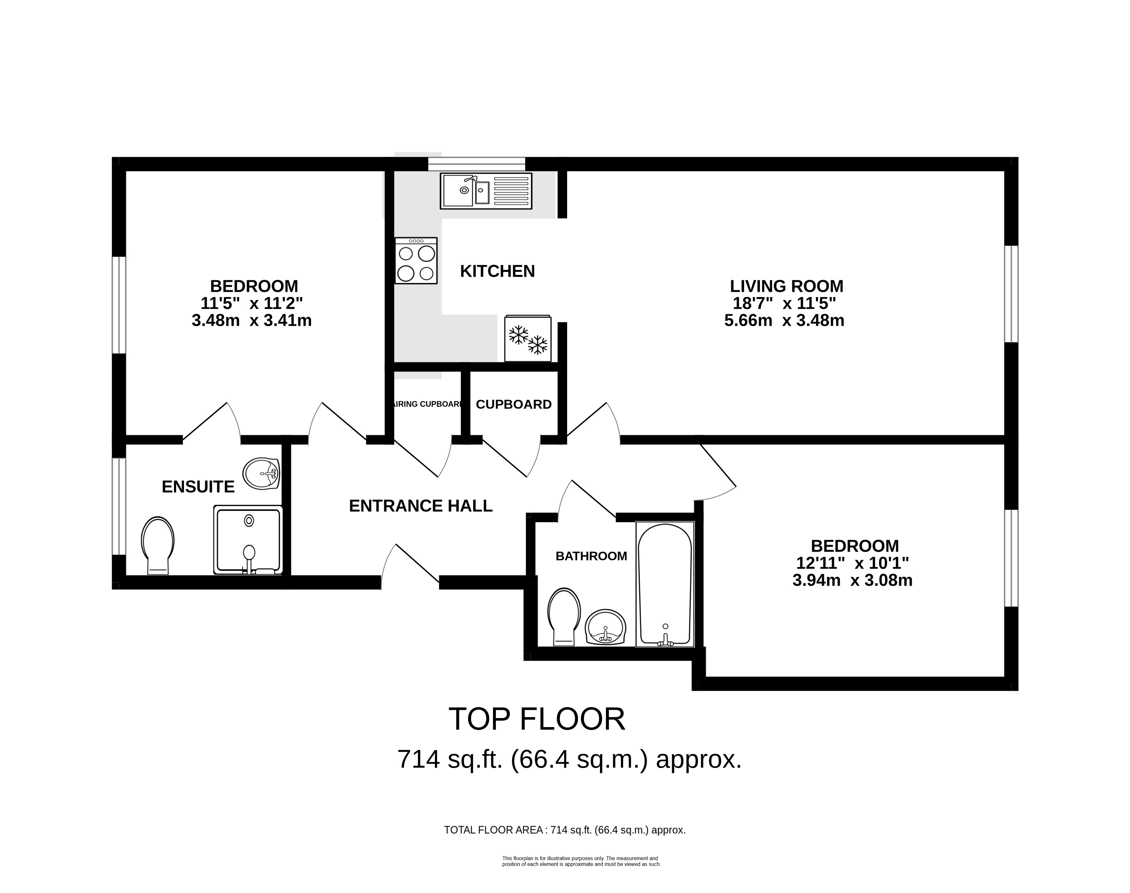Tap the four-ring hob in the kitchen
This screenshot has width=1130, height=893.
click(416, 261)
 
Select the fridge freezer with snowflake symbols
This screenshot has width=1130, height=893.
click(527, 339)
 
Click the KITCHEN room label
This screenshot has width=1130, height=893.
click(497, 271)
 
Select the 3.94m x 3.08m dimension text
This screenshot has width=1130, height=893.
click(852, 580)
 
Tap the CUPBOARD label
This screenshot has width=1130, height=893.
click(514, 405)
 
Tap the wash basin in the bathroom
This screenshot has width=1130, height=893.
click(605, 628)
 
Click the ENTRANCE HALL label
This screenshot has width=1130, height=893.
click(420, 506)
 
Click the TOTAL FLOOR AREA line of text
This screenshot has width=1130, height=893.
click(564, 830)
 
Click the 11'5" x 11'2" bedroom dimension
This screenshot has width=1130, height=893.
click(252, 303)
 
